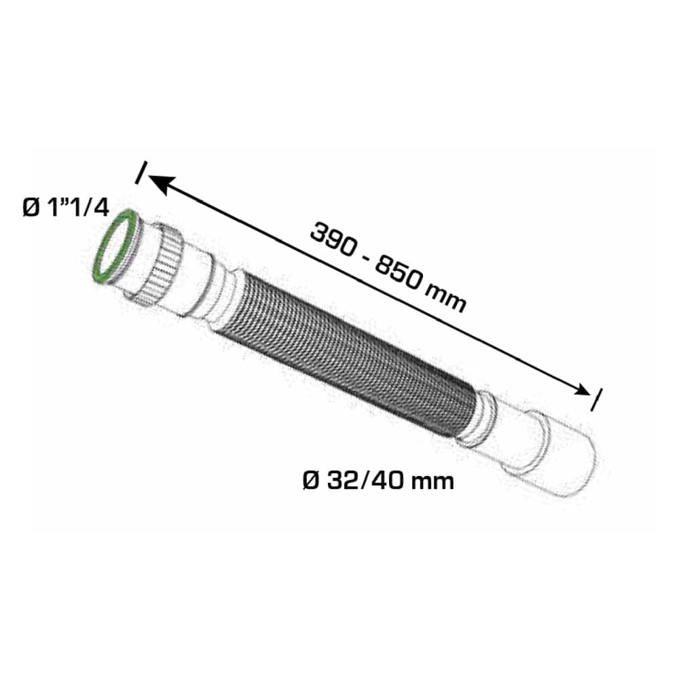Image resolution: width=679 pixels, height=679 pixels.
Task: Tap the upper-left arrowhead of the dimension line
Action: pos(161,185)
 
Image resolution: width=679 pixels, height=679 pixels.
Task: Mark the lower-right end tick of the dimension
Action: pos(597,400)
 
